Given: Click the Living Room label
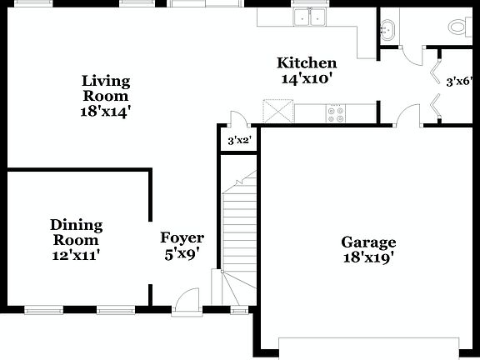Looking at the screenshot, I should [x=106, y=88].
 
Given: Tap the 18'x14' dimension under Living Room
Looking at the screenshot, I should [x=106, y=109].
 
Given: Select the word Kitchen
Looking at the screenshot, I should [x=307, y=63].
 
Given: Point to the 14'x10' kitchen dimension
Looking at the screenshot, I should [x=307, y=78].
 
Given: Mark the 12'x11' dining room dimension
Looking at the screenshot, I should [x=76, y=254].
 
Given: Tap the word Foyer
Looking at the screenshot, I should [x=182, y=238].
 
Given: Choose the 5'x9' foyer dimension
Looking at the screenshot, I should [x=182, y=254].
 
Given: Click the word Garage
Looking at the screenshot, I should [x=367, y=242].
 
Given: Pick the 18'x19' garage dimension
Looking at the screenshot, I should [x=367, y=258].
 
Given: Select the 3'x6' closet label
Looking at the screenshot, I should [x=459, y=82].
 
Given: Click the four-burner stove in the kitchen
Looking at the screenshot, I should [x=336, y=113].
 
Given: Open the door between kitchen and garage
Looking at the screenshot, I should [x=407, y=117].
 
